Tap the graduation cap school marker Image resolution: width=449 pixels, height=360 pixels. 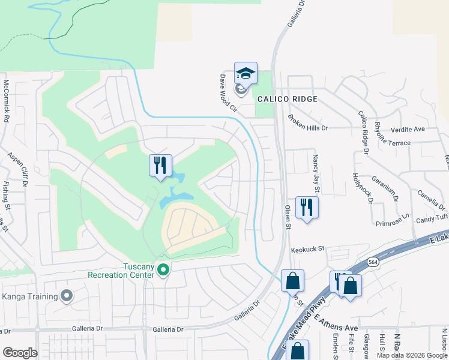click(x=246, y=74)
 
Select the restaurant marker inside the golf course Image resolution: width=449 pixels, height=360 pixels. click(x=160, y=166)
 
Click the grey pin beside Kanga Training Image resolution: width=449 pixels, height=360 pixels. click(x=67, y=296)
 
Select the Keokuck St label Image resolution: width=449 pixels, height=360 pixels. click(x=307, y=248)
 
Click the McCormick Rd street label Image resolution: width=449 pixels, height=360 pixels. click(x=6, y=101)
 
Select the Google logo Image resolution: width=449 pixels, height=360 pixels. click(x=20, y=353)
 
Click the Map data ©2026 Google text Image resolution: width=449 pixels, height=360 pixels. click(x=411, y=355)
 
